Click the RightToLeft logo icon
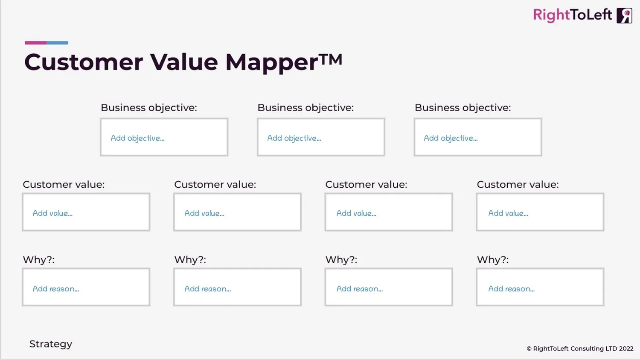tap(624, 16)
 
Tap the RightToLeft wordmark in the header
tap(572, 15)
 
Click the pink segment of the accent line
tap(35, 43)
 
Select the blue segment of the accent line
tap(58, 43)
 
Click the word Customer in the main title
tap(84, 62)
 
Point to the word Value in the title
tap(184, 62)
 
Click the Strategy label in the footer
tap(51, 344)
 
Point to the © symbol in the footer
tap(529, 349)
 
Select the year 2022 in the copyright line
tap(626, 348)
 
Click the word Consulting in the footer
tap(587, 349)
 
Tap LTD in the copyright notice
tap(611, 348)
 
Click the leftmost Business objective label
tap(148, 108)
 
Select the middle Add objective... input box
tap(321, 137)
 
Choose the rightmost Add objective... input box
tap(477, 137)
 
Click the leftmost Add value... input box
tap(86, 212)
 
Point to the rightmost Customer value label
tap(518, 185)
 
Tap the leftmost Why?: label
tap(39, 260)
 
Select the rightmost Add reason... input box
tap(540, 287)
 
